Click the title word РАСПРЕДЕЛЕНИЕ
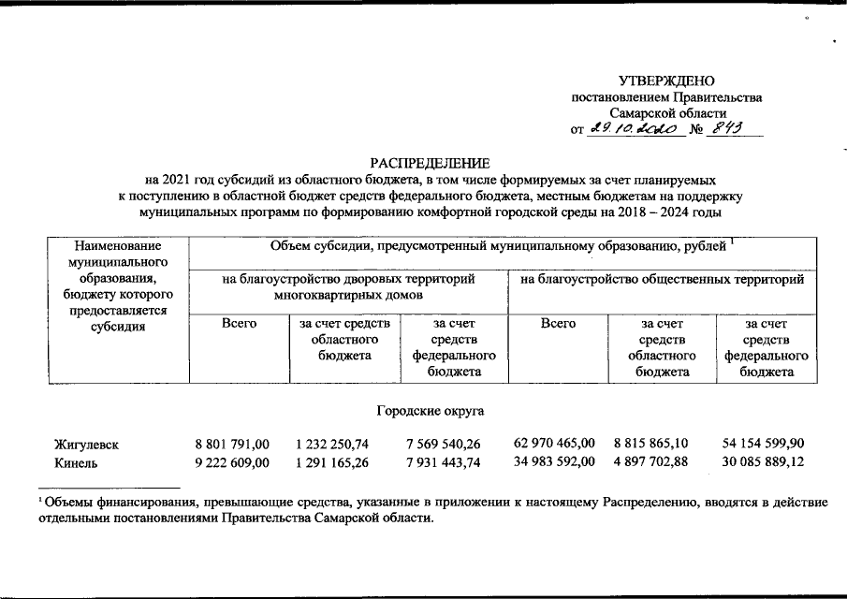(431, 162)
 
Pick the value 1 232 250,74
(331, 444)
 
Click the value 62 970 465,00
(554, 444)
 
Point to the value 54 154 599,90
(764, 444)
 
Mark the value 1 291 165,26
(331, 462)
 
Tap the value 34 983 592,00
(554, 462)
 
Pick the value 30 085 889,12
(764, 462)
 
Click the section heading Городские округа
(431, 411)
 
